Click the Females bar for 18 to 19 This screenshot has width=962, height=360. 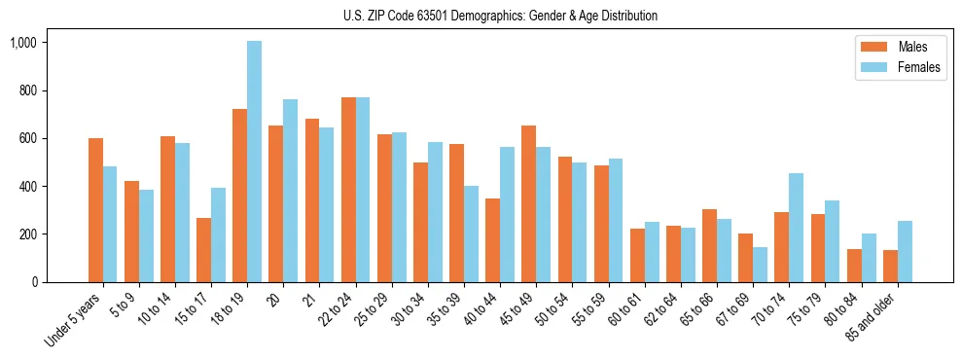click(254, 162)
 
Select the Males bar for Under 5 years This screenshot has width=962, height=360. click(95, 210)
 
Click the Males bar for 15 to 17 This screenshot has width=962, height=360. click(204, 250)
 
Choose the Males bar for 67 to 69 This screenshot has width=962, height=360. click(745, 258)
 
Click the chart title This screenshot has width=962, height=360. click(500, 16)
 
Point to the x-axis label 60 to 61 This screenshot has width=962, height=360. click(630, 309)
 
